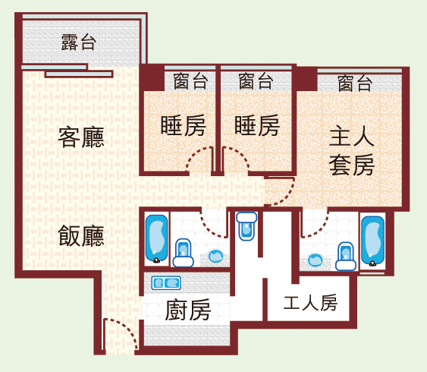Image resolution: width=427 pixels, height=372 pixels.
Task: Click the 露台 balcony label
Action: (78, 43)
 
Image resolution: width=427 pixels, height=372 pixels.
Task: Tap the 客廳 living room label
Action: (81, 137)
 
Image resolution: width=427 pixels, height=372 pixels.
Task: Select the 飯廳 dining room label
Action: (81, 236)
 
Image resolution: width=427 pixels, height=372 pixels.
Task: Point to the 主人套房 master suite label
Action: (352, 150)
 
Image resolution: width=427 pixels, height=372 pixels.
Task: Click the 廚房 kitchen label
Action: (188, 310)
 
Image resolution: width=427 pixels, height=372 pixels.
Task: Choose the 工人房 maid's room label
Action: (310, 302)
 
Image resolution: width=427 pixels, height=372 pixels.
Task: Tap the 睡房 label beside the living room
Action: (184, 125)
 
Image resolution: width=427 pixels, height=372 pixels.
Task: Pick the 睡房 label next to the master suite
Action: (257, 125)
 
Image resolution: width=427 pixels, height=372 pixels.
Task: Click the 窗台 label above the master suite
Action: (355, 83)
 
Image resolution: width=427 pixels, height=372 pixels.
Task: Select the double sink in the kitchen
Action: (166, 283)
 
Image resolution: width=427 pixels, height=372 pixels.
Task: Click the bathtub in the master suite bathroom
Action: (373, 241)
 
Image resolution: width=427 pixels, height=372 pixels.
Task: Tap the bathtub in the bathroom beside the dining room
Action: (156, 238)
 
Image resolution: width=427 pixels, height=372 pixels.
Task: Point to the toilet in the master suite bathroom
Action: (346, 257)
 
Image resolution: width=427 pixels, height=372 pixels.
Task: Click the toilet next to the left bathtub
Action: (184, 253)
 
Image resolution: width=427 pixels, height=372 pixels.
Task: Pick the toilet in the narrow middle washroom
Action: (246, 226)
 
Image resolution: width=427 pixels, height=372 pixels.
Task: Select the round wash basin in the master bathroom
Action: (315, 260)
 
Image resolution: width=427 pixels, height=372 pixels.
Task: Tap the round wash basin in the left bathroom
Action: (215, 256)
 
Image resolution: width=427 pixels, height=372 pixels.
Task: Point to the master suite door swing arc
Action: (286, 195)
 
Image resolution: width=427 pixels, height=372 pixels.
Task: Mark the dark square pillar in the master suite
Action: (307, 79)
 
